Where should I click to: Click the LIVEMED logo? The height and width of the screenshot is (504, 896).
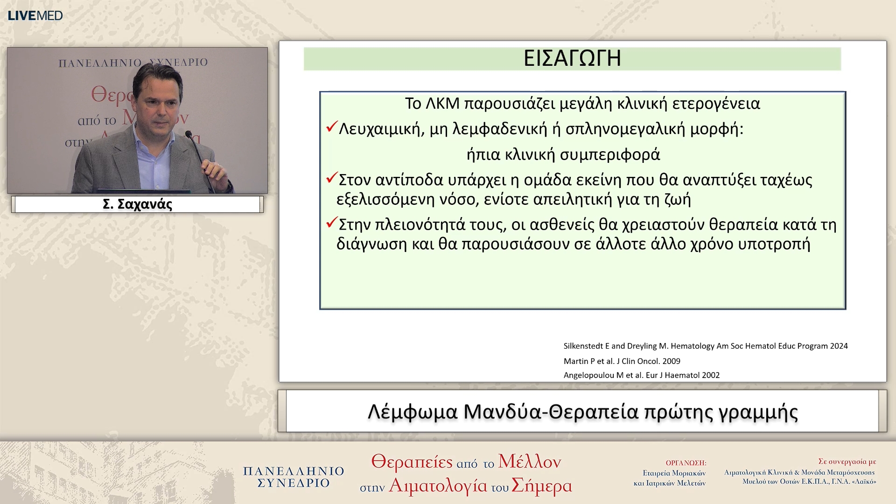pyautogui.click(x=35, y=15)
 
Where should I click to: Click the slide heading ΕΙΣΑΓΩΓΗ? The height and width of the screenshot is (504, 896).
pyautogui.click(x=572, y=59)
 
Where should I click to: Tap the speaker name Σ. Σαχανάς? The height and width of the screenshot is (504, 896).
pyautogui.click(x=137, y=204)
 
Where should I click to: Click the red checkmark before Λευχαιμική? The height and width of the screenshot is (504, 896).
pyautogui.click(x=332, y=127)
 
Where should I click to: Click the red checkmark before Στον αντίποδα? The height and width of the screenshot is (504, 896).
pyautogui.click(x=332, y=178)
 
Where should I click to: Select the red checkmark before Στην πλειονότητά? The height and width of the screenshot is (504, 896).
pyautogui.click(x=332, y=223)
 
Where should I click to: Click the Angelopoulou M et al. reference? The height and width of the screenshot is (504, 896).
pyautogui.click(x=641, y=375)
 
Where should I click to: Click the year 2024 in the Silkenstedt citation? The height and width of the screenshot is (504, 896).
pyautogui.click(x=839, y=346)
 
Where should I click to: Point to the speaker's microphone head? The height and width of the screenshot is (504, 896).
pyautogui.click(x=189, y=134)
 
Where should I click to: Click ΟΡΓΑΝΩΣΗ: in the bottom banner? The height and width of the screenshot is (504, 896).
pyautogui.click(x=686, y=463)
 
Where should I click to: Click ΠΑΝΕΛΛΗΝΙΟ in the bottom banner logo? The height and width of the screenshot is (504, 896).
pyautogui.click(x=293, y=471)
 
